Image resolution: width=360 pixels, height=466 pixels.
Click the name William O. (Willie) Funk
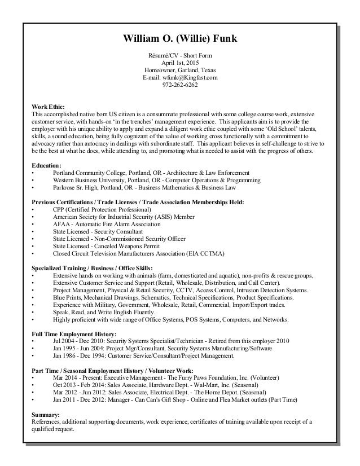pyautogui.click(x=180, y=39)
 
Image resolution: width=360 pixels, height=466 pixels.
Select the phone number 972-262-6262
pyautogui.click(x=180, y=86)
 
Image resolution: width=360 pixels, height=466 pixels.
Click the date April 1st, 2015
pyautogui.click(x=180, y=63)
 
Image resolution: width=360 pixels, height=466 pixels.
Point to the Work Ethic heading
pyautogui.click(x=47, y=106)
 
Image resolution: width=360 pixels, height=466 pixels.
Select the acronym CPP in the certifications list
pyautogui.click(x=59, y=209)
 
